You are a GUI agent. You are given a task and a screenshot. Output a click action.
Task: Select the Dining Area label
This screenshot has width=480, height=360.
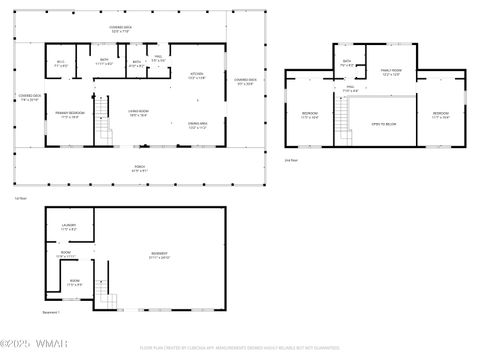197,125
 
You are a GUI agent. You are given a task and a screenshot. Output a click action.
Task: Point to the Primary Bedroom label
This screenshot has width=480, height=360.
68,115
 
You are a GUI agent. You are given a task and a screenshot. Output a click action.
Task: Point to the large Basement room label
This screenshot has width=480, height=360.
159,255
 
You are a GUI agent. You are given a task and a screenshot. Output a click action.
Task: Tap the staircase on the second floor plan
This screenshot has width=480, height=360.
345,122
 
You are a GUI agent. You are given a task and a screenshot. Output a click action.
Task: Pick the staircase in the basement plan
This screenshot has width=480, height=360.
105,295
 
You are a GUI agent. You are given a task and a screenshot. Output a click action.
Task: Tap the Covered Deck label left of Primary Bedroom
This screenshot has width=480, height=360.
29,98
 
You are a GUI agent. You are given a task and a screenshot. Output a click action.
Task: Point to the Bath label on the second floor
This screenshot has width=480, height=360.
346,63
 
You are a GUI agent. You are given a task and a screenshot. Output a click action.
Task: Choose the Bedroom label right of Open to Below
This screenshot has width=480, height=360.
441,115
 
